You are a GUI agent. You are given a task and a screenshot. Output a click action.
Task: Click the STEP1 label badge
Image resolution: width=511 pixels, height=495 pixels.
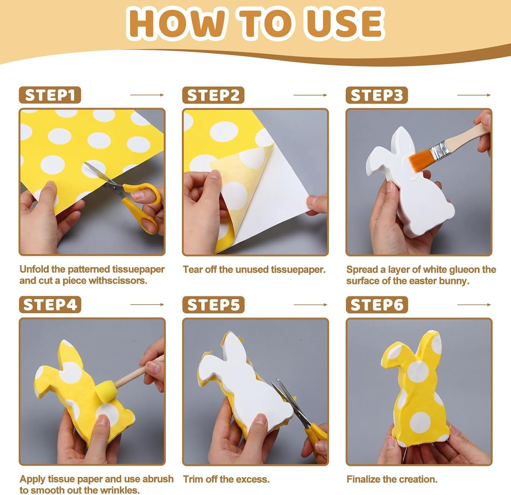(x=50, y=95)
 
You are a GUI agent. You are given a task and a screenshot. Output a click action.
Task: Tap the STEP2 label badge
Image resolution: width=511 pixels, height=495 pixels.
(x=213, y=95)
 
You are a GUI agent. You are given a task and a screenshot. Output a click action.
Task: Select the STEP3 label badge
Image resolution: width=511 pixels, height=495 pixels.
(x=377, y=95)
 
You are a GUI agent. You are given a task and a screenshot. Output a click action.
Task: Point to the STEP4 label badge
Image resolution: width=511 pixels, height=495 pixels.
(x=50, y=305)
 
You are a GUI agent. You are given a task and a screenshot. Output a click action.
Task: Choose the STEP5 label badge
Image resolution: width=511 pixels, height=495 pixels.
(x=213, y=305)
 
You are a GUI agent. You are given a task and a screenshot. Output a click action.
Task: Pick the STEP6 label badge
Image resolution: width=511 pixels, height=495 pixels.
(x=377, y=305)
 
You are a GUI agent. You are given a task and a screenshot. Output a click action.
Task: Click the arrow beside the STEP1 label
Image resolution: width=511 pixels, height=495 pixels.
(x=147, y=95)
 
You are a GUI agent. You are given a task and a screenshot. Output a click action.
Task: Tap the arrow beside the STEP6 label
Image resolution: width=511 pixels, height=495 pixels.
(x=474, y=305)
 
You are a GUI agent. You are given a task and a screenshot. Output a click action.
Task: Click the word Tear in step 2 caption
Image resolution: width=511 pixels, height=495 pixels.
(x=193, y=270)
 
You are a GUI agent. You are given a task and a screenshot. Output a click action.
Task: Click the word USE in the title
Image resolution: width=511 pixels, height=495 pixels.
(x=344, y=23)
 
